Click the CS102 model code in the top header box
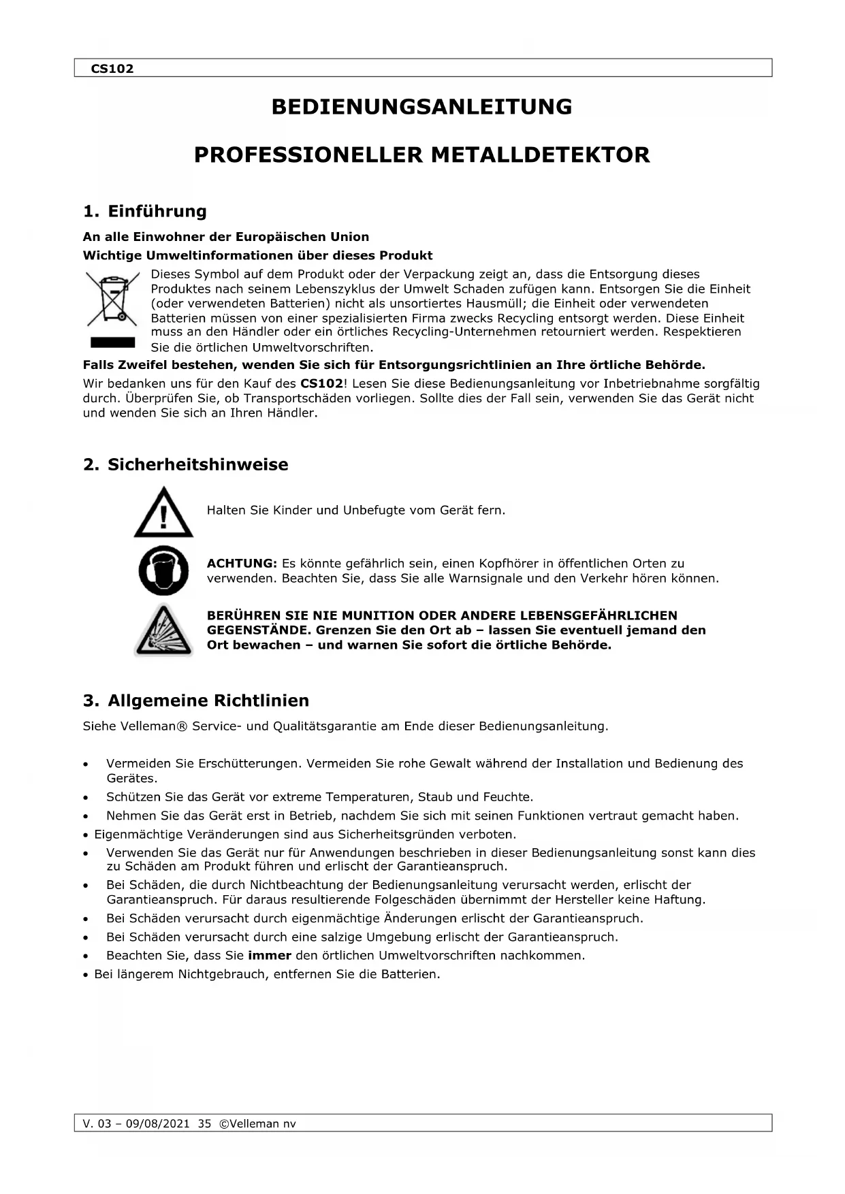[112, 69]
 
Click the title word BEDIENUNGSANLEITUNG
[421, 107]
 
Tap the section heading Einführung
[157, 211]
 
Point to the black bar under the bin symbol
[112, 342]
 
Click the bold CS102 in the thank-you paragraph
[321, 384]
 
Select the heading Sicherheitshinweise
[197, 465]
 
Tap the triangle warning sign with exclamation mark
[163, 513]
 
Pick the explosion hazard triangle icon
[163, 631]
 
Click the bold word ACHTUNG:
[242, 564]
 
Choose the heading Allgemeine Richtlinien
[208, 700]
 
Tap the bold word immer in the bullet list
[270, 956]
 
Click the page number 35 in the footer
[204, 1124]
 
